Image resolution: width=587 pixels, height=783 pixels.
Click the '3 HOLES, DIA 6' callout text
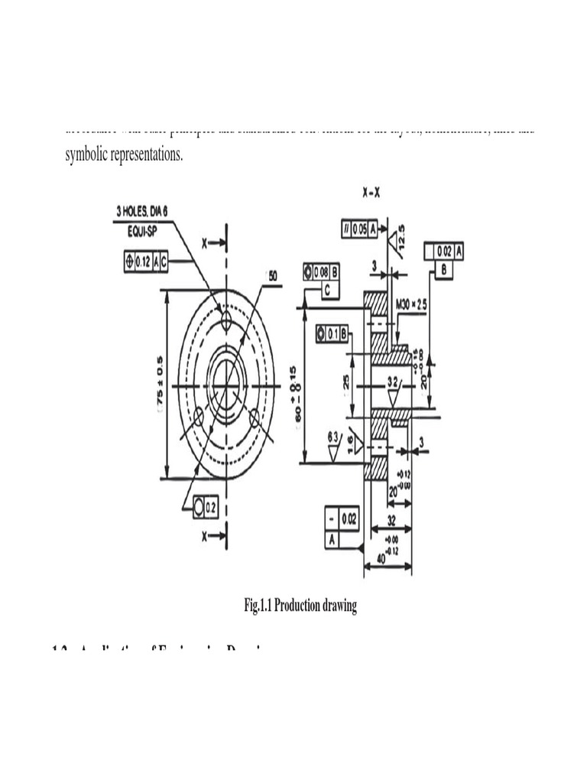[152, 211]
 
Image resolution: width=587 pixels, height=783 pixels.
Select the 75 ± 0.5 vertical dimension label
[160, 381]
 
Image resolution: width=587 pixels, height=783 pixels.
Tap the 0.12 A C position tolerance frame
[144, 262]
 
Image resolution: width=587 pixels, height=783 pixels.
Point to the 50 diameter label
[273, 275]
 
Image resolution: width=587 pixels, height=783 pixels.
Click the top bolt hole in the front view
[226, 323]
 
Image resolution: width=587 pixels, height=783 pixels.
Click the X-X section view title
[371, 193]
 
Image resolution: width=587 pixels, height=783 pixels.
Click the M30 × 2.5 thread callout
[412, 304]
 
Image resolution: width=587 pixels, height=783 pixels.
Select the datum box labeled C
[326, 290]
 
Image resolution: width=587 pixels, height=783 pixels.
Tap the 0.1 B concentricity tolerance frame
[332, 333]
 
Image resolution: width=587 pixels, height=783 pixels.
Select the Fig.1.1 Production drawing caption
[300, 606]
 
